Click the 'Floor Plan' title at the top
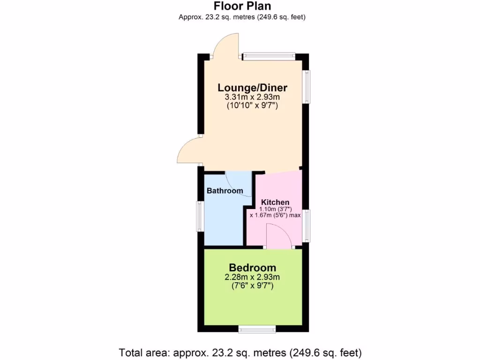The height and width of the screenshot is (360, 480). point(242,6)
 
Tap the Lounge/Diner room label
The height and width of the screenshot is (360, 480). point(252,88)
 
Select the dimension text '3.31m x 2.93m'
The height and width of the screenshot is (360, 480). point(252,97)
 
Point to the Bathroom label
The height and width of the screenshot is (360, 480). point(225,191)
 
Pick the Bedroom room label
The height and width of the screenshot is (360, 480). point(252,268)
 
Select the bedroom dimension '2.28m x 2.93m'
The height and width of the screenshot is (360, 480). point(252,277)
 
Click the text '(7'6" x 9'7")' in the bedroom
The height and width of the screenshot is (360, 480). point(252,285)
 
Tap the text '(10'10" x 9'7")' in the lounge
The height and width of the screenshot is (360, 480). point(252,106)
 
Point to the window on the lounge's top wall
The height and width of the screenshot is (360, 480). point(269,57)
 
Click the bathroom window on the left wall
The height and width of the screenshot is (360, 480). point(200,216)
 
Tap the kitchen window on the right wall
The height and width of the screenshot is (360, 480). point(306,226)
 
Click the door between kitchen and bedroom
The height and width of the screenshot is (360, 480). point(278,235)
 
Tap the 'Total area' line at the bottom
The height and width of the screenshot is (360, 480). point(240,352)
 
